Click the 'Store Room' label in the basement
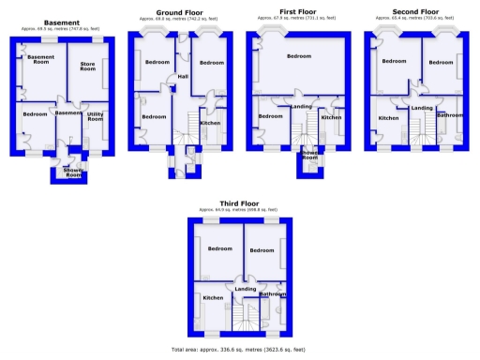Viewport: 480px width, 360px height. pos(87,66)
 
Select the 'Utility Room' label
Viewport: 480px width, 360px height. pos(95,117)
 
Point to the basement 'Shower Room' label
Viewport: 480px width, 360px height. pos(73,172)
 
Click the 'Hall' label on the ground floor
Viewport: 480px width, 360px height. pos(183,76)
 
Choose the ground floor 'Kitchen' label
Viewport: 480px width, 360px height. pos(210,123)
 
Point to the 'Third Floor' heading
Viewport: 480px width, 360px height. pos(240,202)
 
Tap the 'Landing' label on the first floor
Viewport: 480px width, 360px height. pos(302,107)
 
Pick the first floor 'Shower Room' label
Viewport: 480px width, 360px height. pos(310,157)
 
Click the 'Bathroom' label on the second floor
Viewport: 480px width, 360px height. pos(450,114)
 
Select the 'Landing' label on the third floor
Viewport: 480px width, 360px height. pos(246,289)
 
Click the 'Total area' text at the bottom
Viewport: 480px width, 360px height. pos(238,349)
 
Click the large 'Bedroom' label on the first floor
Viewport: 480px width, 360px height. pos(299,56)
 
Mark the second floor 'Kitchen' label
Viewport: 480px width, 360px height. pos(388,118)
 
